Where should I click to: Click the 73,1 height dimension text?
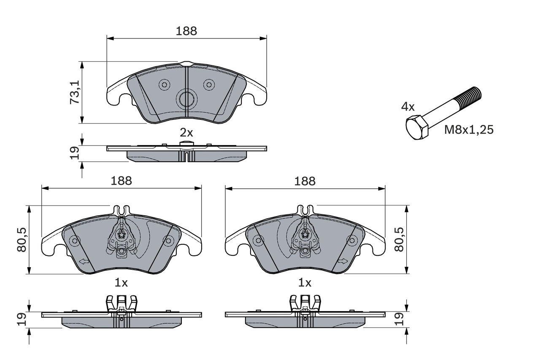pyautogui.click(x=74, y=92)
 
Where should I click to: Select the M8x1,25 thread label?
pyautogui.click(x=468, y=130)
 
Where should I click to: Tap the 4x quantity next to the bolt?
pyautogui.click(x=408, y=107)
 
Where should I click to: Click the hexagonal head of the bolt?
pyautogui.click(x=417, y=127)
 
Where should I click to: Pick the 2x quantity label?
pyautogui.click(x=186, y=133)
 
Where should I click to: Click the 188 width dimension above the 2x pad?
pyautogui.click(x=186, y=31)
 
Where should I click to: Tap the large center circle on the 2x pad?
pyautogui.click(x=186, y=99)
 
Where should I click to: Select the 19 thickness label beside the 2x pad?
pyautogui.click(x=74, y=153)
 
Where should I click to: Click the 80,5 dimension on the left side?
pyautogui.click(x=22, y=240)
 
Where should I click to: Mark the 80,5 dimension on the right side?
pyautogui.click(x=399, y=240)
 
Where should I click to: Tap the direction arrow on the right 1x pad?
pyautogui.click(x=343, y=261)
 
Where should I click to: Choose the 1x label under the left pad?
pyautogui.click(x=121, y=283)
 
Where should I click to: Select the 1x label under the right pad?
pyautogui.click(x=305, y=283)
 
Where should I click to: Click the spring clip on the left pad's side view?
pyautogui.click(x=121, y=303)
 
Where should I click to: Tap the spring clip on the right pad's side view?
pyautogui.click(x=305, y=303)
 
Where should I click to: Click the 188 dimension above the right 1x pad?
pyautogui.click(x=305, y=181)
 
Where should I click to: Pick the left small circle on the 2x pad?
pyautogui.click(x=164, y=85)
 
